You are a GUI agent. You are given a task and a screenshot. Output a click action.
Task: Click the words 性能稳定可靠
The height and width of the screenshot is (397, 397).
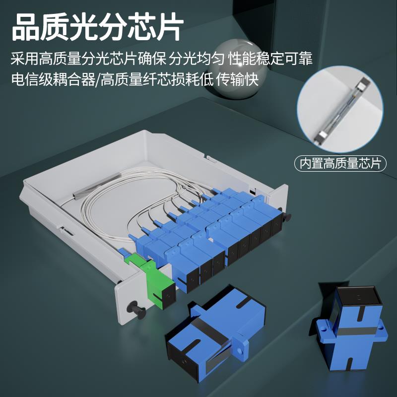[x=270, y=59]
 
